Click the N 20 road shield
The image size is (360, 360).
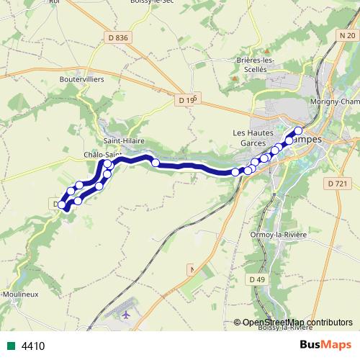tap(346, 35)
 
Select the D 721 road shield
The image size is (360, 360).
tap(336, 184)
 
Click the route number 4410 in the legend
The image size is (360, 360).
tap(33, 346)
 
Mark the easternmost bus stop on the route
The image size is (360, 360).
tap(298, 130)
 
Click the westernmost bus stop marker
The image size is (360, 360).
tap(63, 205)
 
